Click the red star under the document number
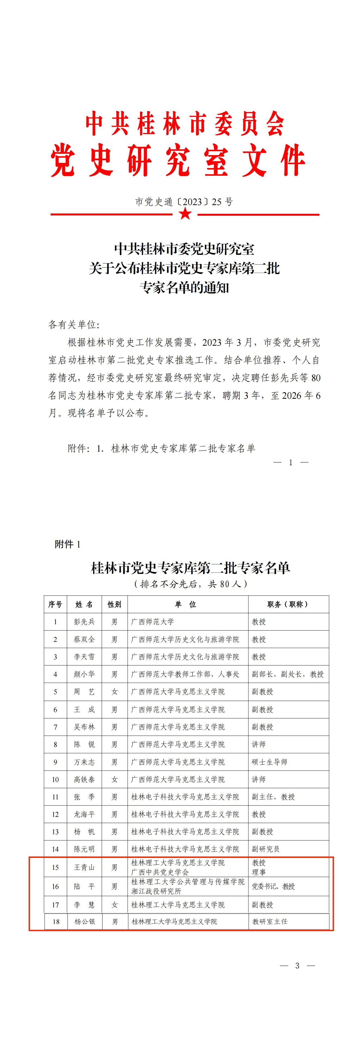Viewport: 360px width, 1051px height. [185, 213]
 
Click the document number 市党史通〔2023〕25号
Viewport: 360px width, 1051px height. [184, 202]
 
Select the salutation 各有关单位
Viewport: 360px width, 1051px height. [74, 325]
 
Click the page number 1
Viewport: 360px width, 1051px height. [291, 462]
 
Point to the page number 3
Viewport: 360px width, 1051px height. [297, 966]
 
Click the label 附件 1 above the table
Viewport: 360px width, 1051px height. [68, 544]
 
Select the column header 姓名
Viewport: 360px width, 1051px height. [84, 604]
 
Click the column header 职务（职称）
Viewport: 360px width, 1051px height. [288, 604]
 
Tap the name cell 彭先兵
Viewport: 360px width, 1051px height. [84, 622]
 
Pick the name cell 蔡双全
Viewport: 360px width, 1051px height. [84, 639]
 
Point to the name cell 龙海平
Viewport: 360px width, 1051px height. [84, 814]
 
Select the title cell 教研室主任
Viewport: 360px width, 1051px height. [270, 922]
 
